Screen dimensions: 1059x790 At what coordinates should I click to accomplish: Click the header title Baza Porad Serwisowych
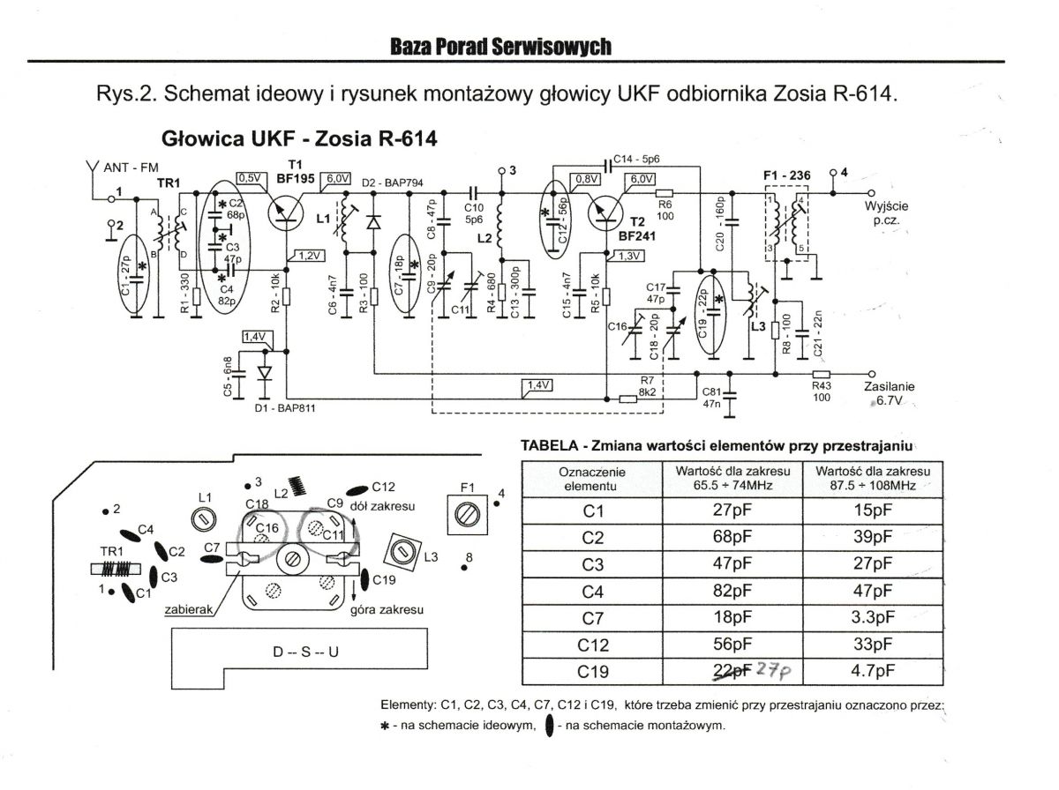pos(500,47)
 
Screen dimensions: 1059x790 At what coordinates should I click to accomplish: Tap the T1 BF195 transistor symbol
pos(286,214)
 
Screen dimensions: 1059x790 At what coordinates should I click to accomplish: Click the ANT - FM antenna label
pos(131,168)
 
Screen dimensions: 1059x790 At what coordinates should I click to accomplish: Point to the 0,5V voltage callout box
pos(251,178)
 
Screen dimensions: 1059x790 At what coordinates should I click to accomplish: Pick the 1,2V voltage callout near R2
pos(309,256)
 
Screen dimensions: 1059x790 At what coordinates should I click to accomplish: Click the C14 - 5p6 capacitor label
pos(636,159)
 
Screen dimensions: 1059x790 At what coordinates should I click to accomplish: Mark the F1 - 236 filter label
pos(786,175)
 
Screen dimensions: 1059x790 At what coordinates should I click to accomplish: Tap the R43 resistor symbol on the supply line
pos(821,374)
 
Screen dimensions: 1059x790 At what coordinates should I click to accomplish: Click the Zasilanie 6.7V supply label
pos(889,393)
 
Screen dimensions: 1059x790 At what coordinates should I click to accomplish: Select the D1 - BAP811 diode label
pos(285,408)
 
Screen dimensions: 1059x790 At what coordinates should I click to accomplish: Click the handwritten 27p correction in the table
pos(773,669)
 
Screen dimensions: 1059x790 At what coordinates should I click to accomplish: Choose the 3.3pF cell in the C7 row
pos(872,617)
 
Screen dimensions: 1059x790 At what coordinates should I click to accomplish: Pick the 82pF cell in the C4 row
pos(732,591)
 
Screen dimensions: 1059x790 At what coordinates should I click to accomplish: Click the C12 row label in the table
pos(592,645)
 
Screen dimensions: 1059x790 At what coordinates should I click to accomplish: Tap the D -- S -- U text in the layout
pos(306,652)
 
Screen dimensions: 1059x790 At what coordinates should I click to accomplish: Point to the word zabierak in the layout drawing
pos(189,609)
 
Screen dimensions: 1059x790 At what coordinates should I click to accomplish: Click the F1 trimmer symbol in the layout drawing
pos(467,515)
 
